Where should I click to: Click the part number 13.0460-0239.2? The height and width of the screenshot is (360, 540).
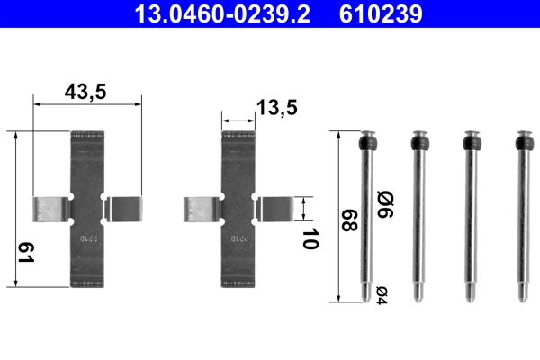click(x=225, y=14)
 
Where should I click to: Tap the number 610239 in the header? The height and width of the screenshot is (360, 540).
click(x=382, y=14)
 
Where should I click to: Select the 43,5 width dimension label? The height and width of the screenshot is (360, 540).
click(x=87, y=91)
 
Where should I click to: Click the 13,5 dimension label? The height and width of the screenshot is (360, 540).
click(x=275, y=108)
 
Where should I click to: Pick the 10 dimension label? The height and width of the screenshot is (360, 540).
click(x=310, y=239)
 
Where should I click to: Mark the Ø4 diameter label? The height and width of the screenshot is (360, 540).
click(x=382, y=292)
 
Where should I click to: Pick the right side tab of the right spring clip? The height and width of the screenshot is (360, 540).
click(x=274, y=209)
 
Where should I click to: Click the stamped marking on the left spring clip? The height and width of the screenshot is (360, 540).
click(x=87, y=240)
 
